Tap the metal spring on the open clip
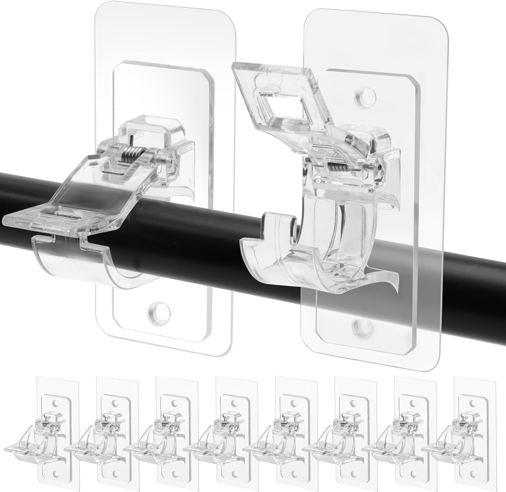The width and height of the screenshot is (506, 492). (340, 167)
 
